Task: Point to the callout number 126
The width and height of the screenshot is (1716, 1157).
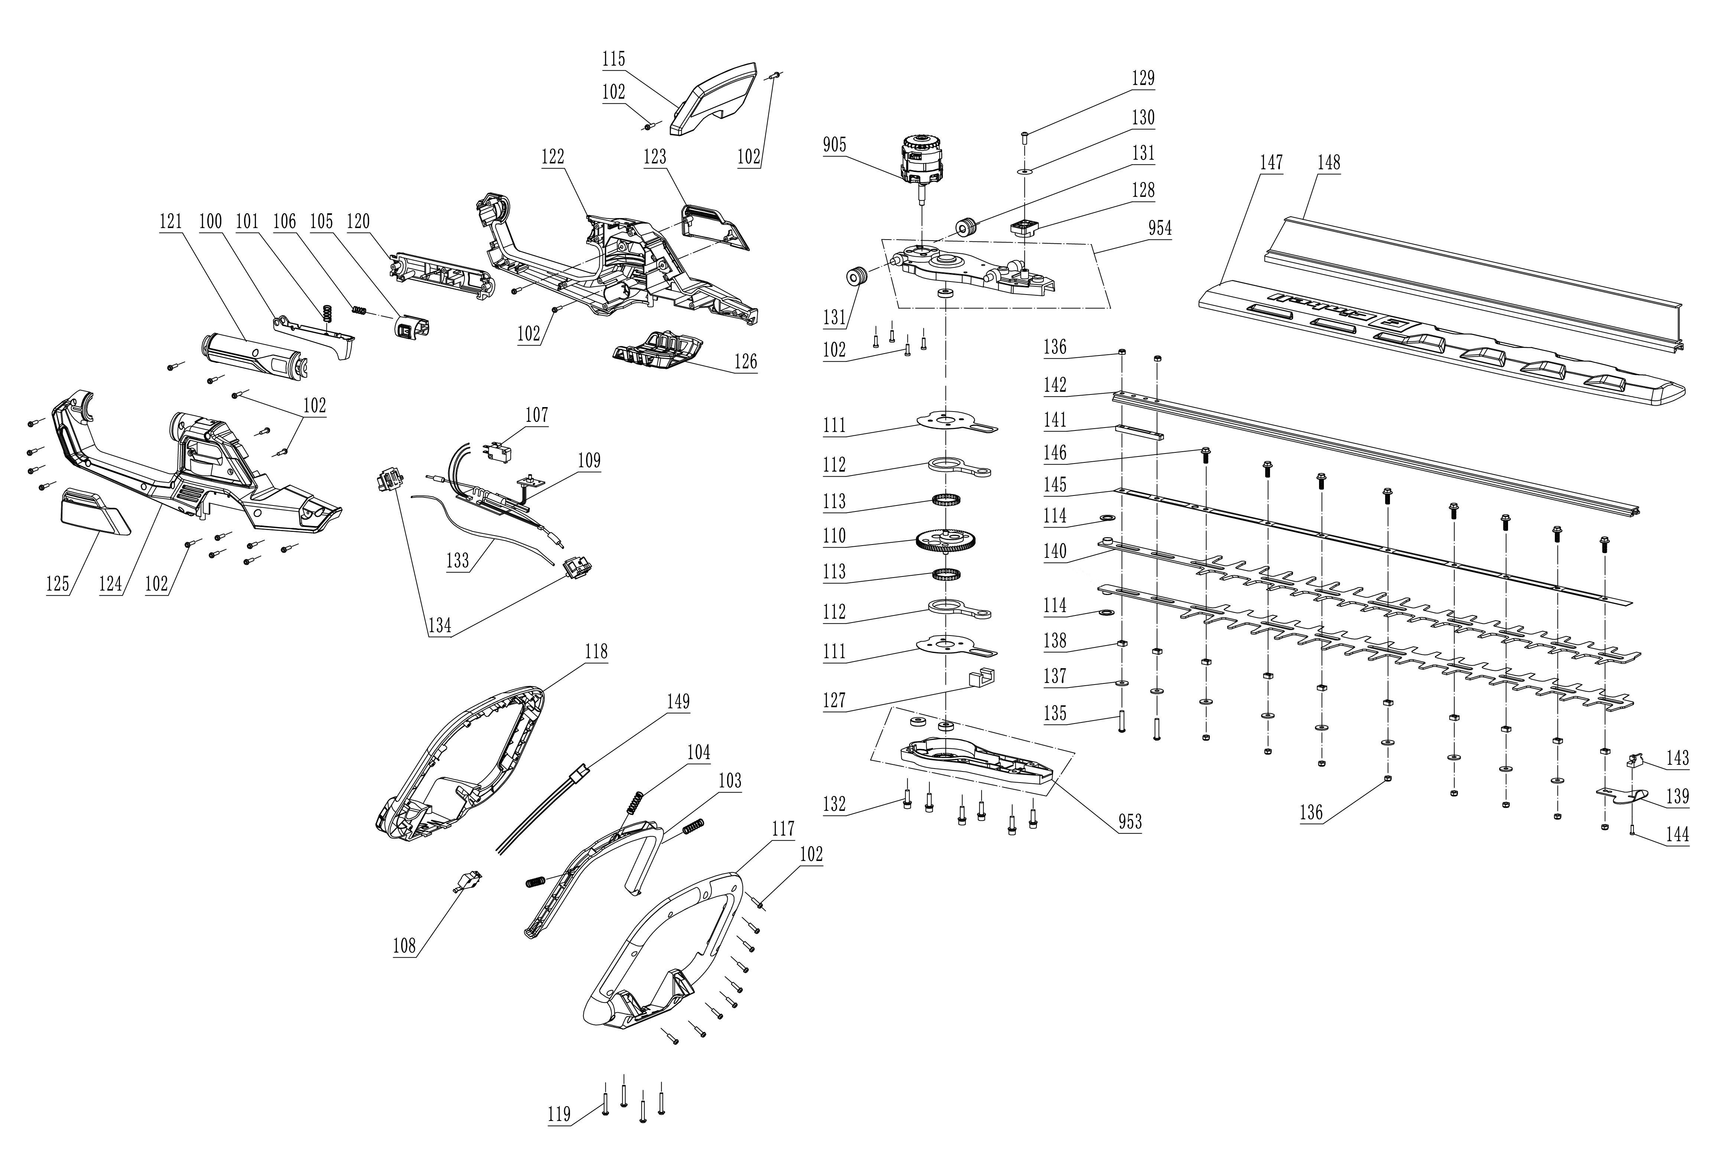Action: point(745,361)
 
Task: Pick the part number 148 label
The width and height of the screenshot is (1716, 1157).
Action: point(1329,162)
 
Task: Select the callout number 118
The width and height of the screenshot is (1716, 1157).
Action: point(596,651)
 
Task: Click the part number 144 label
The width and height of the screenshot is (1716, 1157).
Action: point(1677,835)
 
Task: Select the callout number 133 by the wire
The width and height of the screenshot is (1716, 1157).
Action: point(458,561)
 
